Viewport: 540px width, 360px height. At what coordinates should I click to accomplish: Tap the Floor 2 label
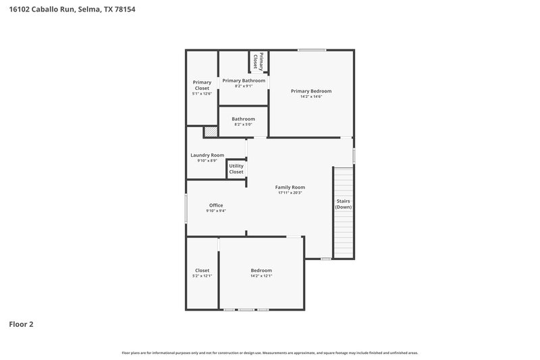pyautogui.click(x=21, y=324)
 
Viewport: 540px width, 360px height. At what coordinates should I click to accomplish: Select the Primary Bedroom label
pyautogui.click(x=311, y=91)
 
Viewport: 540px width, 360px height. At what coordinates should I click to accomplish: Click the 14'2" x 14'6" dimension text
pyautogui.click(x=311, y=97)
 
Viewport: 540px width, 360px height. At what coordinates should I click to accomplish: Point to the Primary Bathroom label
pyautogui.click(x=244, y=80)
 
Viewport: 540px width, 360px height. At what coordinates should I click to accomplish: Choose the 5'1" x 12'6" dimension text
pyautogui.click(x=202, y=94)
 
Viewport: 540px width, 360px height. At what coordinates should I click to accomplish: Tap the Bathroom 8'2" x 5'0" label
pyautogui.click(x=244, y=122)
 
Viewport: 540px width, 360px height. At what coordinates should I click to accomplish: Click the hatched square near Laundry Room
pyautogui.click(x=211, y=132)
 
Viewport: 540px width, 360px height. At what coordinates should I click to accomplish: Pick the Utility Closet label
pyautogui.click(x=236, y=169)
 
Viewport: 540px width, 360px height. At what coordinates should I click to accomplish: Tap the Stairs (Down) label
pyautogui.click(x=344, y=204)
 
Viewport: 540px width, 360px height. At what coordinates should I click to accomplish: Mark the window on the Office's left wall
pyautogui.click(x=186, y=208)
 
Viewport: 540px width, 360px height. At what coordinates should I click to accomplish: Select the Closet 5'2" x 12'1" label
pyautogui.click(x=202, y=273)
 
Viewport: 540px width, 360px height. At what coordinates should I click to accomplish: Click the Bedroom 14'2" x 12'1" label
pyautogui.click(x=261, y=273)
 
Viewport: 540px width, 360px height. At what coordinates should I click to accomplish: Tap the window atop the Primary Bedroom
pyautogui.click(x=313, y=49)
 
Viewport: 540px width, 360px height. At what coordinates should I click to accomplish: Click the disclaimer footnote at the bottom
pyautogui.click(x=270, y=353)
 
